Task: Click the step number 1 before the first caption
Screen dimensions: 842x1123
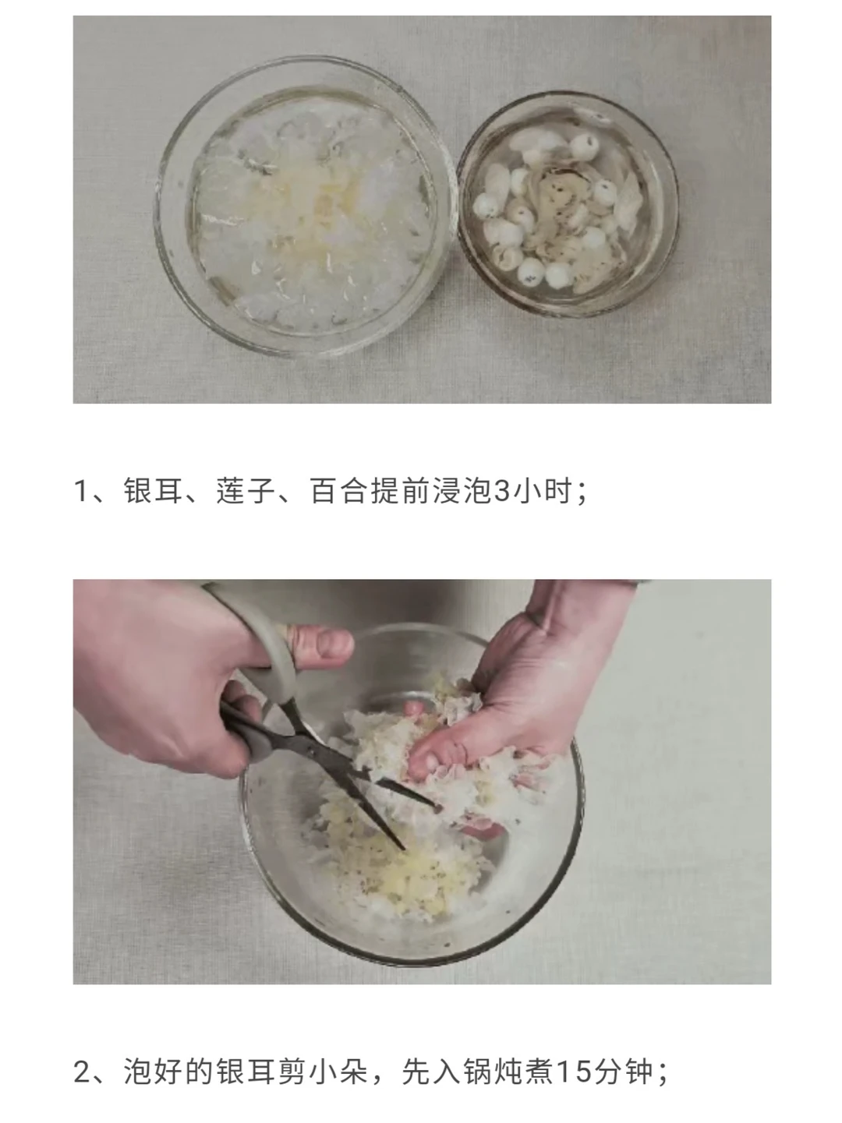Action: pyautogui.click(x=81, y=491)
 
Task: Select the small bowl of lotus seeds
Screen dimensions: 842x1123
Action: pyautogui.click(x=568, y=203)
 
